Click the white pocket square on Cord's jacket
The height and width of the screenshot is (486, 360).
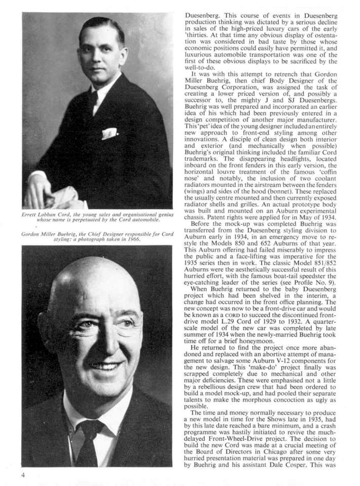pyautogui.click(x=110, y=134)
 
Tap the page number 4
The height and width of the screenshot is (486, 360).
pyautogui.click(x=23, y=475)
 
